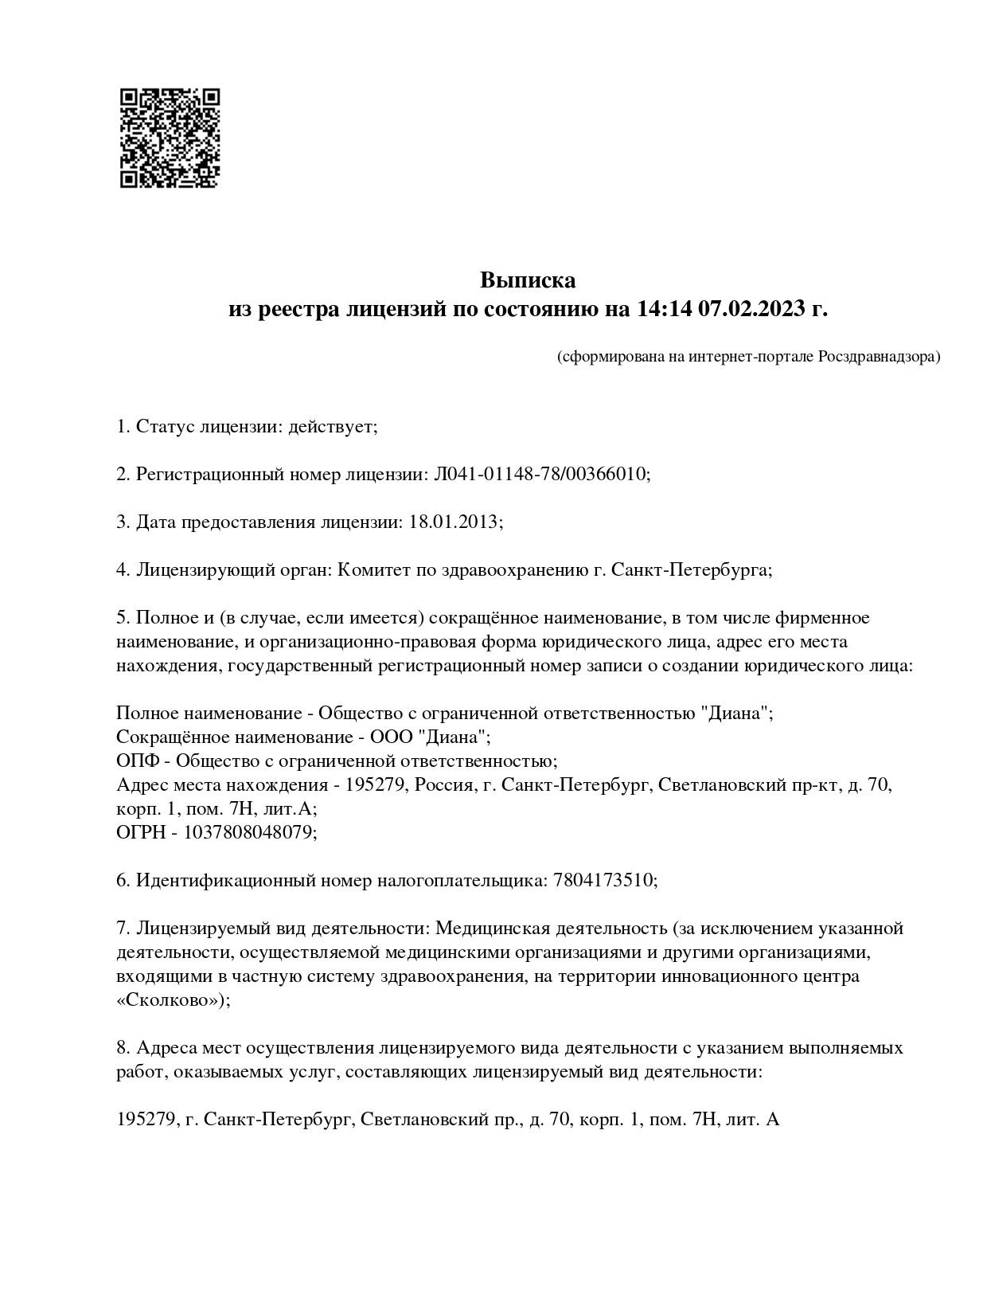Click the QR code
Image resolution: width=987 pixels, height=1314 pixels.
pyautogui.click(x=170, y=138)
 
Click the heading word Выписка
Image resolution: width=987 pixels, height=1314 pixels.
pyautogui.click(x=527, y=281)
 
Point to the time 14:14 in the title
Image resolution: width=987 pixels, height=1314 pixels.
pyautogui.click(x=664, y=309)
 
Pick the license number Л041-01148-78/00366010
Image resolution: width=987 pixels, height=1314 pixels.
pyautogui.click(x=540, y=475)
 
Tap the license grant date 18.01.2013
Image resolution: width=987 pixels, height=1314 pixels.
pyautogui.click(x=453, y=522)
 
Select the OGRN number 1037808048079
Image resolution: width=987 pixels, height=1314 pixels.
pyautogui.click(x=249, y=833)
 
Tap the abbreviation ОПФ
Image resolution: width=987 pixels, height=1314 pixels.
pyautogui.click(x=140, y=761)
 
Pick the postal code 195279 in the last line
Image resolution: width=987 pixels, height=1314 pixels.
pyautogui.click(x=146, y=1120)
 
